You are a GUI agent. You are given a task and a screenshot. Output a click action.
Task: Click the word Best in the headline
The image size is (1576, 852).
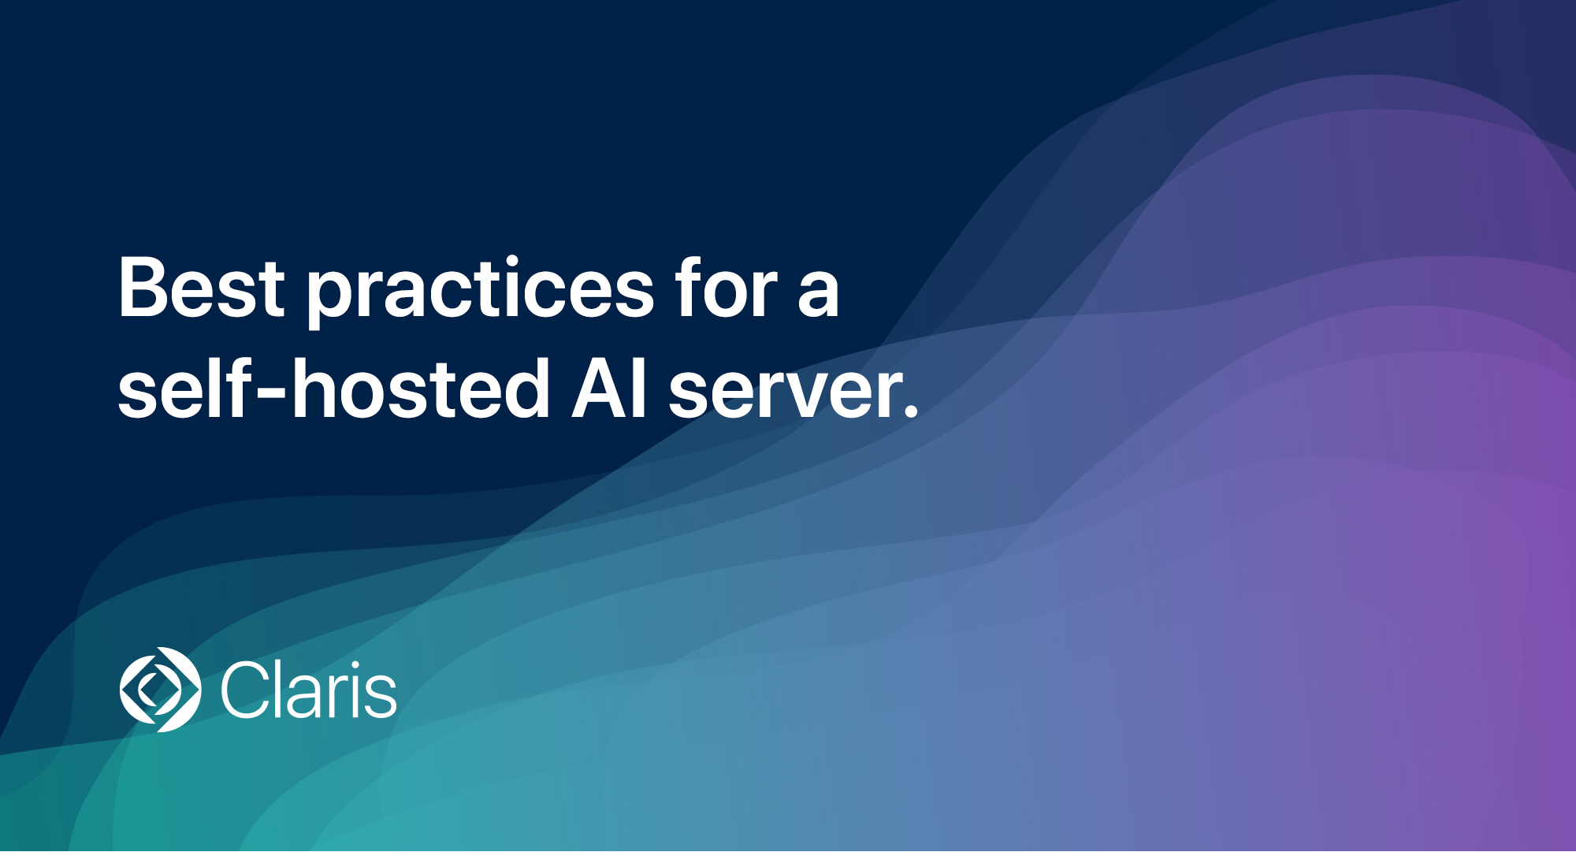tap(201, 288)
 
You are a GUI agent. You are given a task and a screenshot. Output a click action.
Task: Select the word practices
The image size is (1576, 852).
tap(480, 292)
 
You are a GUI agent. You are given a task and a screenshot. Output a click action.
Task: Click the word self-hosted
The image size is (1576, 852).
tap(333, 388)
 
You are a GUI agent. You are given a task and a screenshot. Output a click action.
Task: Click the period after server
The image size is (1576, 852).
tap(910, 409)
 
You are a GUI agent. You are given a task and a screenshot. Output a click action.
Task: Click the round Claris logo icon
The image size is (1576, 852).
tap(160, 690)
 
